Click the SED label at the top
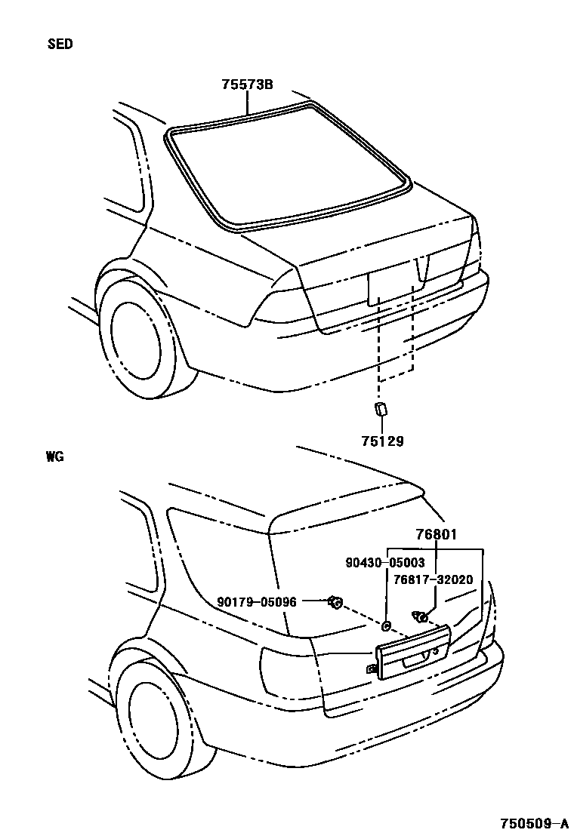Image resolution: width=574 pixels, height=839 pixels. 60,44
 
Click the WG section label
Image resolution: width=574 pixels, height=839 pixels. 54,456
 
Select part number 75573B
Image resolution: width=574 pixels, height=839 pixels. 247,85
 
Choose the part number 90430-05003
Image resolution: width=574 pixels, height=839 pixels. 385,563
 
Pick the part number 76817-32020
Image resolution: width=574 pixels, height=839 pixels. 433,579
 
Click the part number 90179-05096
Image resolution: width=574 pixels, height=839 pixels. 257,601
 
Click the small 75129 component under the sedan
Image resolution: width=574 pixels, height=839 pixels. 380,409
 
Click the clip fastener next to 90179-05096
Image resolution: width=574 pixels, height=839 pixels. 334,601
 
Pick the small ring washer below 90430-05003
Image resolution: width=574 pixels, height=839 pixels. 386,625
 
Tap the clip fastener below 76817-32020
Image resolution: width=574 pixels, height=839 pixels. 421,617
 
